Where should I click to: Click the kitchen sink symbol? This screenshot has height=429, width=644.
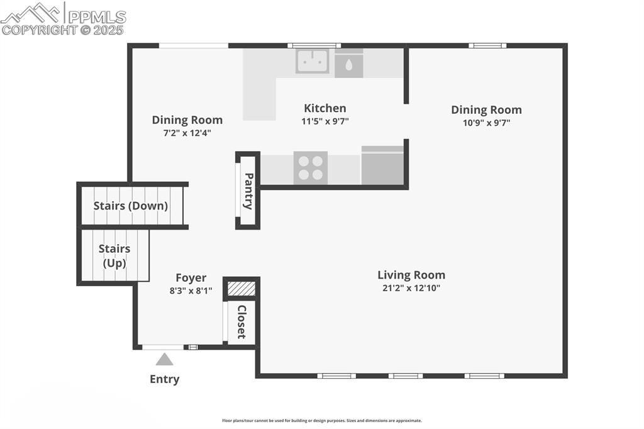point(312,61)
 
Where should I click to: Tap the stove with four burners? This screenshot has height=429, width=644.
point(311,168)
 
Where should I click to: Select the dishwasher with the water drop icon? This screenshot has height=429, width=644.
point(348,64)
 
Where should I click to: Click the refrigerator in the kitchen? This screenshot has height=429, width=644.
point(382,165)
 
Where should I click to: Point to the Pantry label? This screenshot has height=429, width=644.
point(248,191)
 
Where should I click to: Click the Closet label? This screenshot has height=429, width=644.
point(242,322)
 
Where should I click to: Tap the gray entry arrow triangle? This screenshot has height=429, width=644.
point(164,359)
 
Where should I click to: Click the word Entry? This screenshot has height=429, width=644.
point(164,379)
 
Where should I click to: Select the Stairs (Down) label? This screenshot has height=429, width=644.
point(131,206)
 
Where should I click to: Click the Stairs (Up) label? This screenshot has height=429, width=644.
point(114,255)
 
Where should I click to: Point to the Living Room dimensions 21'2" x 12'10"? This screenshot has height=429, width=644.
point(411,288)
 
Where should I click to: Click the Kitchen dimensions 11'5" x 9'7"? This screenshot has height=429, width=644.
point(325,121)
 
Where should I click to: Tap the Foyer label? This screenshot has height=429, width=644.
point(191,278)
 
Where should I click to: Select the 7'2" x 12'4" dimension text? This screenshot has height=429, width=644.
point(187,133)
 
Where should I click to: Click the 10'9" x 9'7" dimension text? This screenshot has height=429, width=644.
point(486,123)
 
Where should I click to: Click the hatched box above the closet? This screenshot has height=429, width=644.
point(241,289)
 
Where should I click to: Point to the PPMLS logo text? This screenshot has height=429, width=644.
point(97,17)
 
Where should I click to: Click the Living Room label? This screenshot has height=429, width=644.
point(411,275)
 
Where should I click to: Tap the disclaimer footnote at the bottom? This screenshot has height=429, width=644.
point(322,420)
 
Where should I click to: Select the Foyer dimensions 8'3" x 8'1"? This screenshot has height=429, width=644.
point(191,291)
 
